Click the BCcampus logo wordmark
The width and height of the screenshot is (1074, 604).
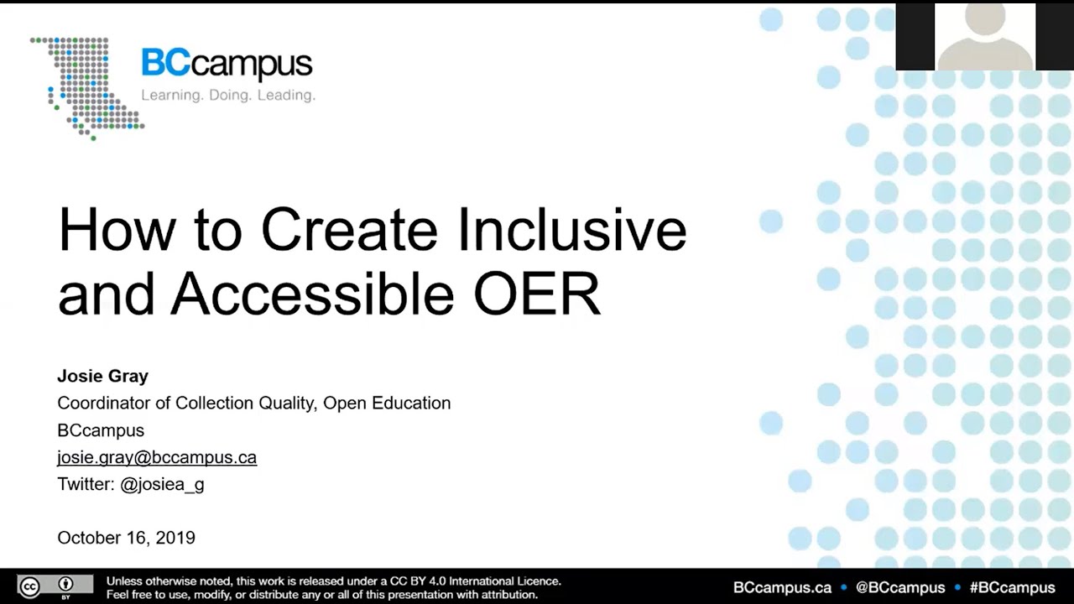[227, 65]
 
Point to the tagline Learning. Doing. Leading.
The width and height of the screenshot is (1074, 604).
[227, 96]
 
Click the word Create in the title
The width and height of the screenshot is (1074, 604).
[349, 230]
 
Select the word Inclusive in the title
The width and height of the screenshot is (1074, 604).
[572, 230]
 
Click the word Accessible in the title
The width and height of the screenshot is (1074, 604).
[312, 294]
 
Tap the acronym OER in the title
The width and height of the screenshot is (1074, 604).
[537, 294]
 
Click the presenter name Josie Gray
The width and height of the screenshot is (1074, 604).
[102, 377]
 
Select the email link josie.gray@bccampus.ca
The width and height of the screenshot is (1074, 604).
[157, 457]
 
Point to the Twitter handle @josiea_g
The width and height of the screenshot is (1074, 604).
[162, 484]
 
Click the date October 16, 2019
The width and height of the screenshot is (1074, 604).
[126, 538]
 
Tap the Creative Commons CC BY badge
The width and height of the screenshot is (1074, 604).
[55, 586]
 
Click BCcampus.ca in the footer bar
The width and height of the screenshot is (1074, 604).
[782, 587]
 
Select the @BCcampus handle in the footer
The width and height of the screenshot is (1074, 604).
[900, 587]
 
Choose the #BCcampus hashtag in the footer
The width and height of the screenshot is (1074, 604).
[1012, 587]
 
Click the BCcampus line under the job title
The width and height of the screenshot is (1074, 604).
[101, 430]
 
